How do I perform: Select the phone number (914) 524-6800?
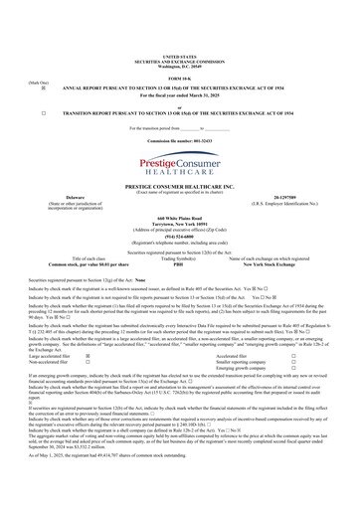pos(180,237)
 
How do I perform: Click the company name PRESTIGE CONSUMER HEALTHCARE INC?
pos(180,186)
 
